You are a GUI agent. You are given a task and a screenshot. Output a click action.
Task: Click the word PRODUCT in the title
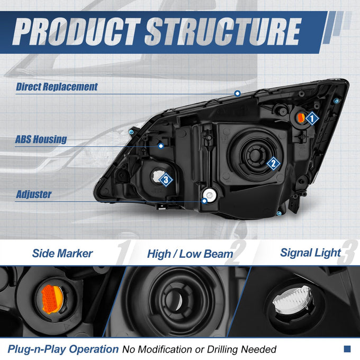[76, 31]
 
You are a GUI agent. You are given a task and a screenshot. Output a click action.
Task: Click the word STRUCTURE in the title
[223, 31]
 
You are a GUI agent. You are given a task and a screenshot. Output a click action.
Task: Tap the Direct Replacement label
[57, 87]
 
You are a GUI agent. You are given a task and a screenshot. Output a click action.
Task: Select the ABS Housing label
[41, 139]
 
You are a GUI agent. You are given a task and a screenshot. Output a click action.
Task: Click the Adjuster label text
[34, 194]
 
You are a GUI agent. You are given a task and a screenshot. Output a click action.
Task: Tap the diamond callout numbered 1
[312, 119]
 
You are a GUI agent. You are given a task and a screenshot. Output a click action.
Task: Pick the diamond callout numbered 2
[273, 164]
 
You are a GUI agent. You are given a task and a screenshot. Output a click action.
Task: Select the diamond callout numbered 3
[166, 180]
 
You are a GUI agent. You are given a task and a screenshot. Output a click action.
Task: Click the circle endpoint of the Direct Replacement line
[237, 93]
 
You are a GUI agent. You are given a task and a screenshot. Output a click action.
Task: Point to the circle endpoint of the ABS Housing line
[161, 146]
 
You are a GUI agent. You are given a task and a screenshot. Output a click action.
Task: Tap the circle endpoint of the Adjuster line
[204, 201]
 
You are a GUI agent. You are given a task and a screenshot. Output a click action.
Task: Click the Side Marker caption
[62, 254]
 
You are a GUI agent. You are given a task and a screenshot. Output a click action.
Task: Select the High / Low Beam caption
[190, 254]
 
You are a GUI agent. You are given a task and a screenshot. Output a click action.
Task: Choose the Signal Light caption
[311, 253]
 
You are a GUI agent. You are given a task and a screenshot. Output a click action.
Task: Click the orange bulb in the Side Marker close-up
[52, 299]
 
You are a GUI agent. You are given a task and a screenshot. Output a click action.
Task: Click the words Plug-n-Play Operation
[63, 349]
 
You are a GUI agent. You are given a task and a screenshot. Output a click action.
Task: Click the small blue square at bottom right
[347, 349]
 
